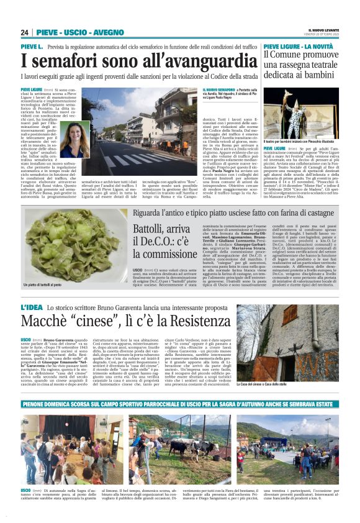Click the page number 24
tap(24, 32)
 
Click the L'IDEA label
tap(32, 309)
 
